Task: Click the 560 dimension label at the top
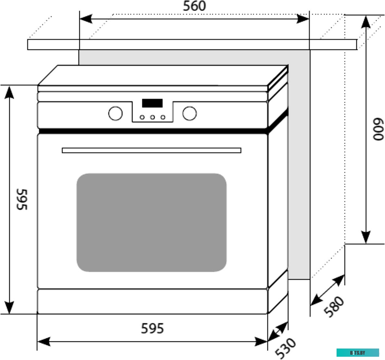[194, 7]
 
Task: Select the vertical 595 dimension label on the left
[22, 199]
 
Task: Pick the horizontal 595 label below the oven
[152, 328]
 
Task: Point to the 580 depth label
[334, 307]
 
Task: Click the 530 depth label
[285, 348]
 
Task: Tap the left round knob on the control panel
[115, 113]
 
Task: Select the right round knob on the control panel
[189, 113]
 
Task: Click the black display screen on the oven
[152, 103]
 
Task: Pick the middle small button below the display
[152, 117]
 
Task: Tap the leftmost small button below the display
[142, 117]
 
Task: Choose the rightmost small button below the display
[163, 117]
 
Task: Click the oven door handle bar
[151, 150]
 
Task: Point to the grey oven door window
[151, 223]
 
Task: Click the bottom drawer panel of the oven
[152, 301]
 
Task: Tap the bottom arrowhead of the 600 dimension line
[366, 236]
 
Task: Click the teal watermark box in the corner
[358, 352]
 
